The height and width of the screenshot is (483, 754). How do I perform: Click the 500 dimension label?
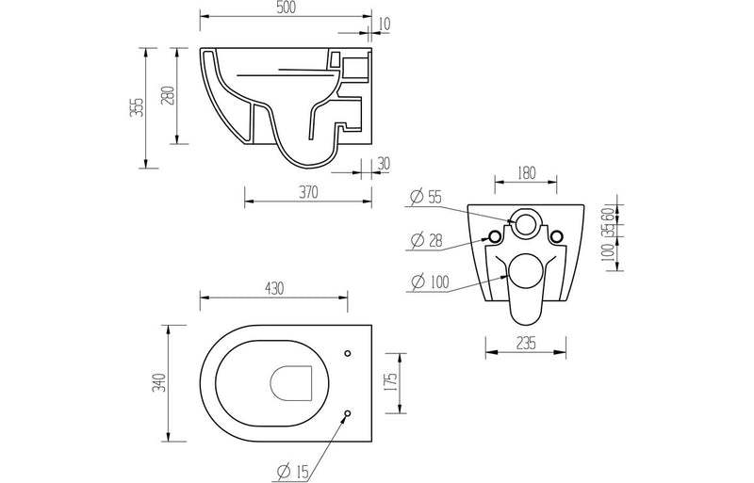click(287, 8)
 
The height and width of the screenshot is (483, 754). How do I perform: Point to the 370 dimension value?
click(308, 192)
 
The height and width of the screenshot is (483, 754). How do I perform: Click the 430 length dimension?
click(273, 287)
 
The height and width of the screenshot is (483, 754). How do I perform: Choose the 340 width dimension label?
click(161, 382)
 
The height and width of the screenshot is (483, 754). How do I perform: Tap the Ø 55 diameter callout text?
click(426, 197)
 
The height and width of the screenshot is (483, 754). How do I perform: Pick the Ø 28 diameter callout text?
click(426, 240)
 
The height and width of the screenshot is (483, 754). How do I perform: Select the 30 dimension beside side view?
click(383, 163)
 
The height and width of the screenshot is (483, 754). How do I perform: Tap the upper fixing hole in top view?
click(348, 354)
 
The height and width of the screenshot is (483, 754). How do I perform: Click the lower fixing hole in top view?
click(348, 413)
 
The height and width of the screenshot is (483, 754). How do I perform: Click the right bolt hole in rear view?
click(557, 234)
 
